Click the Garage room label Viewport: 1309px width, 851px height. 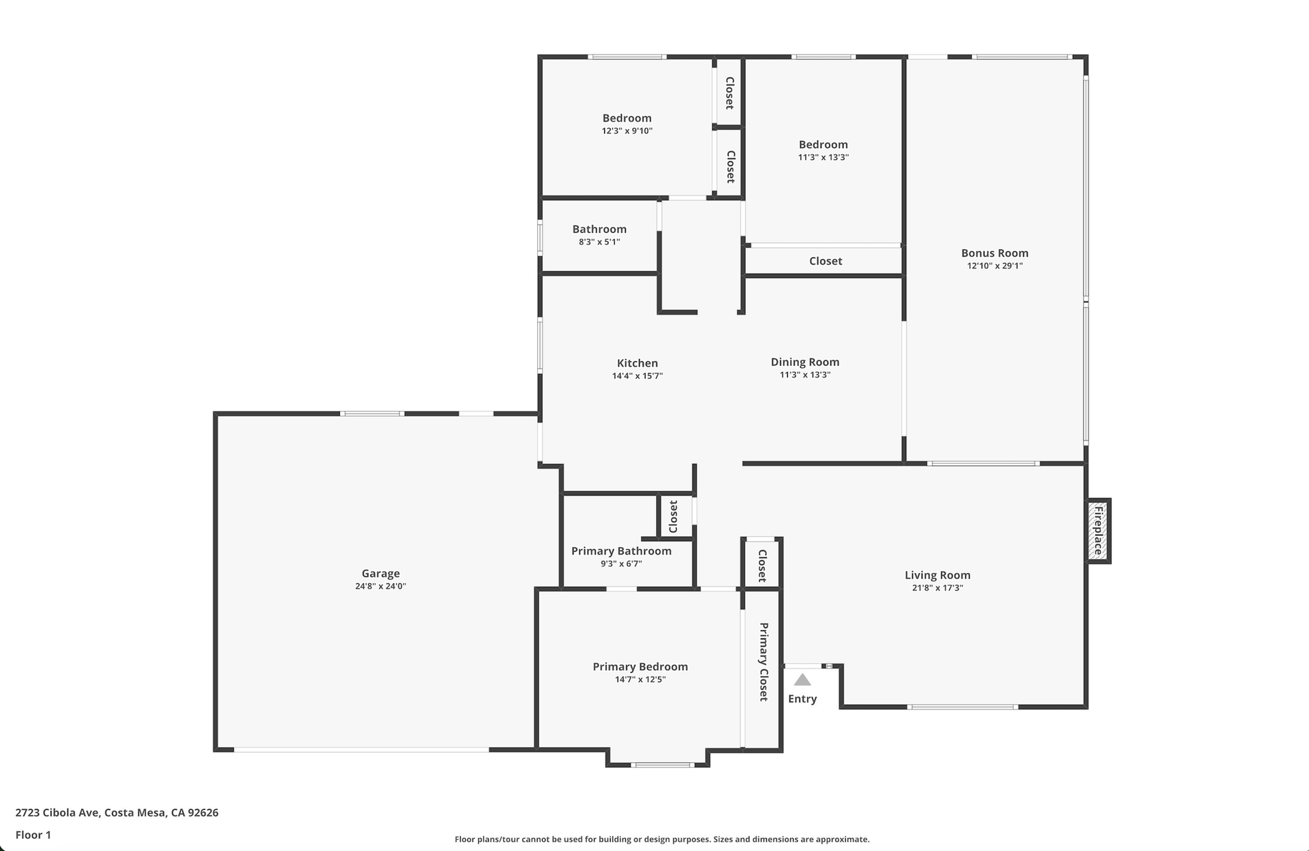click(380, 574)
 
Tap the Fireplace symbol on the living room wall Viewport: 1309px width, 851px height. click(1098, 531)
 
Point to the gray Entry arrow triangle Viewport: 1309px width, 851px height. click(802, 680)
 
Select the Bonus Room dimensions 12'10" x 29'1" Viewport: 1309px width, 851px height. click(995, 266)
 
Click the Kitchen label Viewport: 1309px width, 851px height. click(637, 363)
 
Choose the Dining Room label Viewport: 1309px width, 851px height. click(805, 362)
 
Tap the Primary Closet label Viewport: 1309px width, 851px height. click(764, 662)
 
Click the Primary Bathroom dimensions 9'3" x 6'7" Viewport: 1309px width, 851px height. click(621, 563)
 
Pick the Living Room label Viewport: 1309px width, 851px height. click(937, 575)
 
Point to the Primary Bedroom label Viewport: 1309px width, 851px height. click(640, 666)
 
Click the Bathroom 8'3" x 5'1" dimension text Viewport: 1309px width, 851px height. click(599, 242)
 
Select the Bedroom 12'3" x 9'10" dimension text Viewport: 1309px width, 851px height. click(627, 131)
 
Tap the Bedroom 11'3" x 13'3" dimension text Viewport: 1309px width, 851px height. click(824, 157)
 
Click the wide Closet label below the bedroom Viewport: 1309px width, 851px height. click(826, 261)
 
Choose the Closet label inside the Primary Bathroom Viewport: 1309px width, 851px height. click(674, 516)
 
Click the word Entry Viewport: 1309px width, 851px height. click(802, 698)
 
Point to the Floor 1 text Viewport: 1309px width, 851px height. click(33, 835)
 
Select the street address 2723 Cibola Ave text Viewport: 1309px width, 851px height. click(57, 812)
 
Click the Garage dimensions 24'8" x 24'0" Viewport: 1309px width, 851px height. click(380, 586)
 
